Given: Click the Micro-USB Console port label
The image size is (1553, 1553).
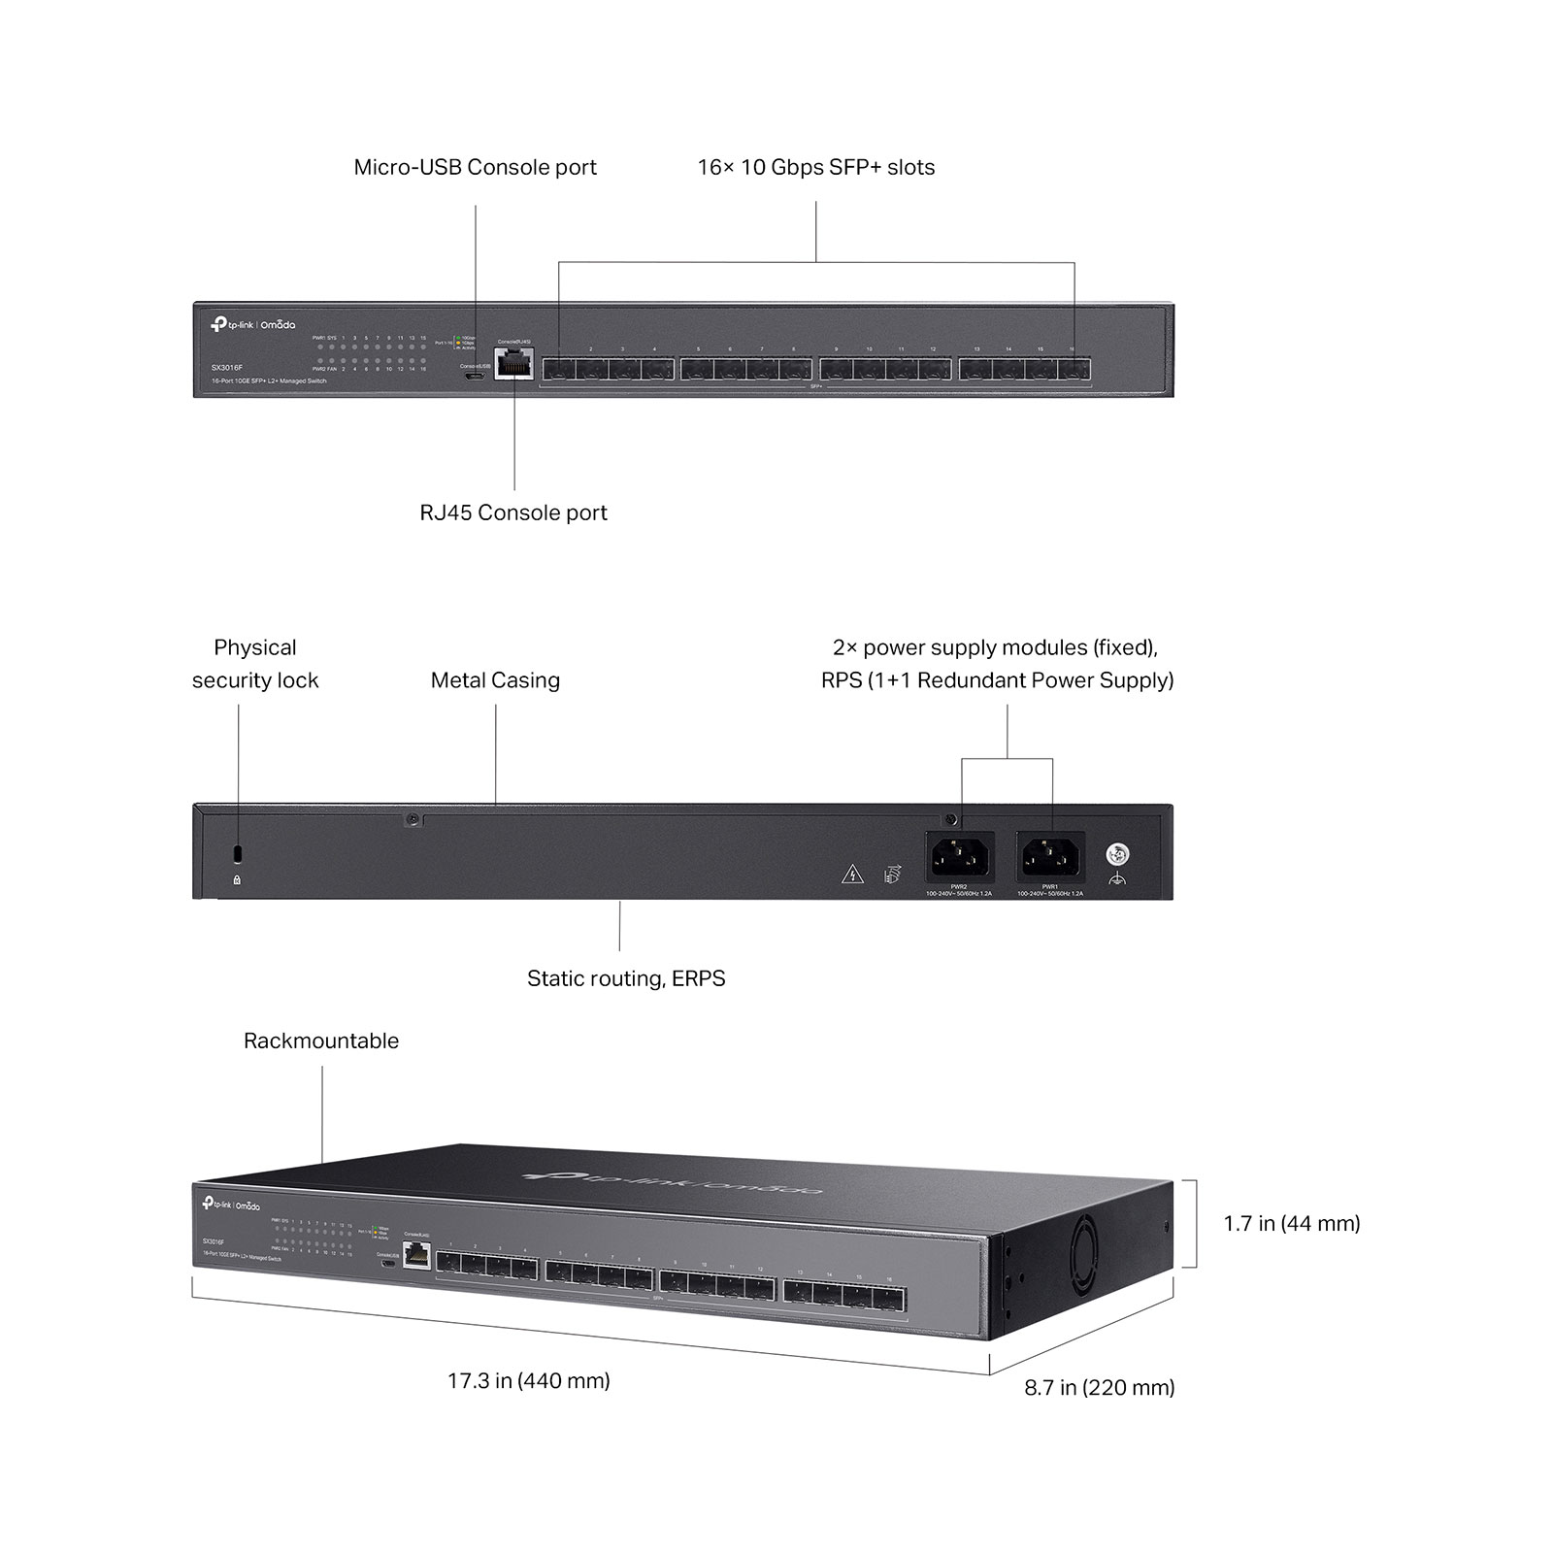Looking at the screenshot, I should point(475,167).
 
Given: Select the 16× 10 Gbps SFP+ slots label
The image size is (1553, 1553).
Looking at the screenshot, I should point(815,167).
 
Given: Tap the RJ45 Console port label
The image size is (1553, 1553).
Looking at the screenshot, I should point(513,512).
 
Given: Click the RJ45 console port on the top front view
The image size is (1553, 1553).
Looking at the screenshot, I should point(513,364).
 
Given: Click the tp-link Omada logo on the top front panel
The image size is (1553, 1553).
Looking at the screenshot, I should point(252,324).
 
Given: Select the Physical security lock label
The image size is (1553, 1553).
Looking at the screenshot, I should point(255,664).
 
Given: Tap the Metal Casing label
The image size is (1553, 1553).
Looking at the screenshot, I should point(495,680).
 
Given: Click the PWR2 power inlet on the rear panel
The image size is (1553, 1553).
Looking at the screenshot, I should point(959,855).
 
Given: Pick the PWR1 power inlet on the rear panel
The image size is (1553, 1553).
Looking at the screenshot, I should point(1050,855).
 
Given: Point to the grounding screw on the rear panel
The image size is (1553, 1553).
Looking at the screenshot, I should point(1117,855).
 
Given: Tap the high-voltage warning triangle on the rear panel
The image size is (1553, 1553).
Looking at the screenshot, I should point(852,874).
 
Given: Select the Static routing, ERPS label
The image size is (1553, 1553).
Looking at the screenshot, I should point(626,978).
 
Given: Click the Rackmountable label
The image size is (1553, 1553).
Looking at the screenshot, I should point(321,1041).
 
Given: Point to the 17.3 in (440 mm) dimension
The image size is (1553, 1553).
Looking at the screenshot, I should point(529,1380).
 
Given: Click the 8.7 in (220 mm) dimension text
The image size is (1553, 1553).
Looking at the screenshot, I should point(1100,1387).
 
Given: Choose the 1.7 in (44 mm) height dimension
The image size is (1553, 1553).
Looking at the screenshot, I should point(1292,1223).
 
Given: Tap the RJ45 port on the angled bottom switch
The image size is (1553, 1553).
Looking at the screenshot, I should point(416,1254).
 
